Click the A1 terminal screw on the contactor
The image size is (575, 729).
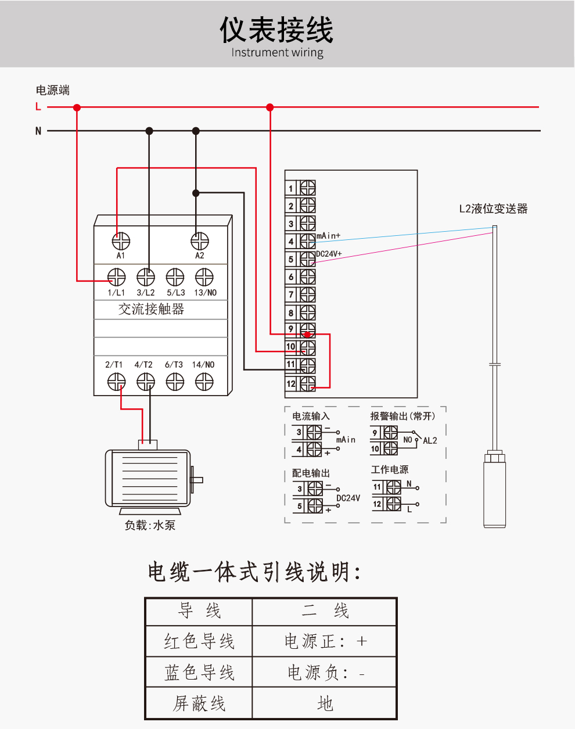coord(121,240)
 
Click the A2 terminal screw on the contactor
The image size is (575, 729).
coord(200,240)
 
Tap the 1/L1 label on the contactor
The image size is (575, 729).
coord(116,293)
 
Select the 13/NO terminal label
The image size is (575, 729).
coord(205,293)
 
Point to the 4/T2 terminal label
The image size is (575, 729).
coord(143,365)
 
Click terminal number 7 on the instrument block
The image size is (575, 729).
coord(291,295)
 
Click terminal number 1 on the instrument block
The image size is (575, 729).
coord(291,188)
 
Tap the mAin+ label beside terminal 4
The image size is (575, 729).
coord(328,236)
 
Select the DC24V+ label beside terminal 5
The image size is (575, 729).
coord(329,254)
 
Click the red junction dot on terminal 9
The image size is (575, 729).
coord(307,335)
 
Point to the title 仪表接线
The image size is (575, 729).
coord(276,30)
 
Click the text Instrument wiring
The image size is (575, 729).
coord(277,53)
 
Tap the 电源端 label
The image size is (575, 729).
coord(53,90)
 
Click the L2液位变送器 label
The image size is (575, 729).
coord(493,209)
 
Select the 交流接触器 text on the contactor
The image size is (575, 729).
coord(151,309)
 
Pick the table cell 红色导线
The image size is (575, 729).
coord(199,641)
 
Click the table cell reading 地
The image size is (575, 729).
coord(325,703)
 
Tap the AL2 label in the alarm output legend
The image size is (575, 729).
coord(430,441)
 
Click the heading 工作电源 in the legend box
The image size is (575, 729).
coord(390,469)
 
